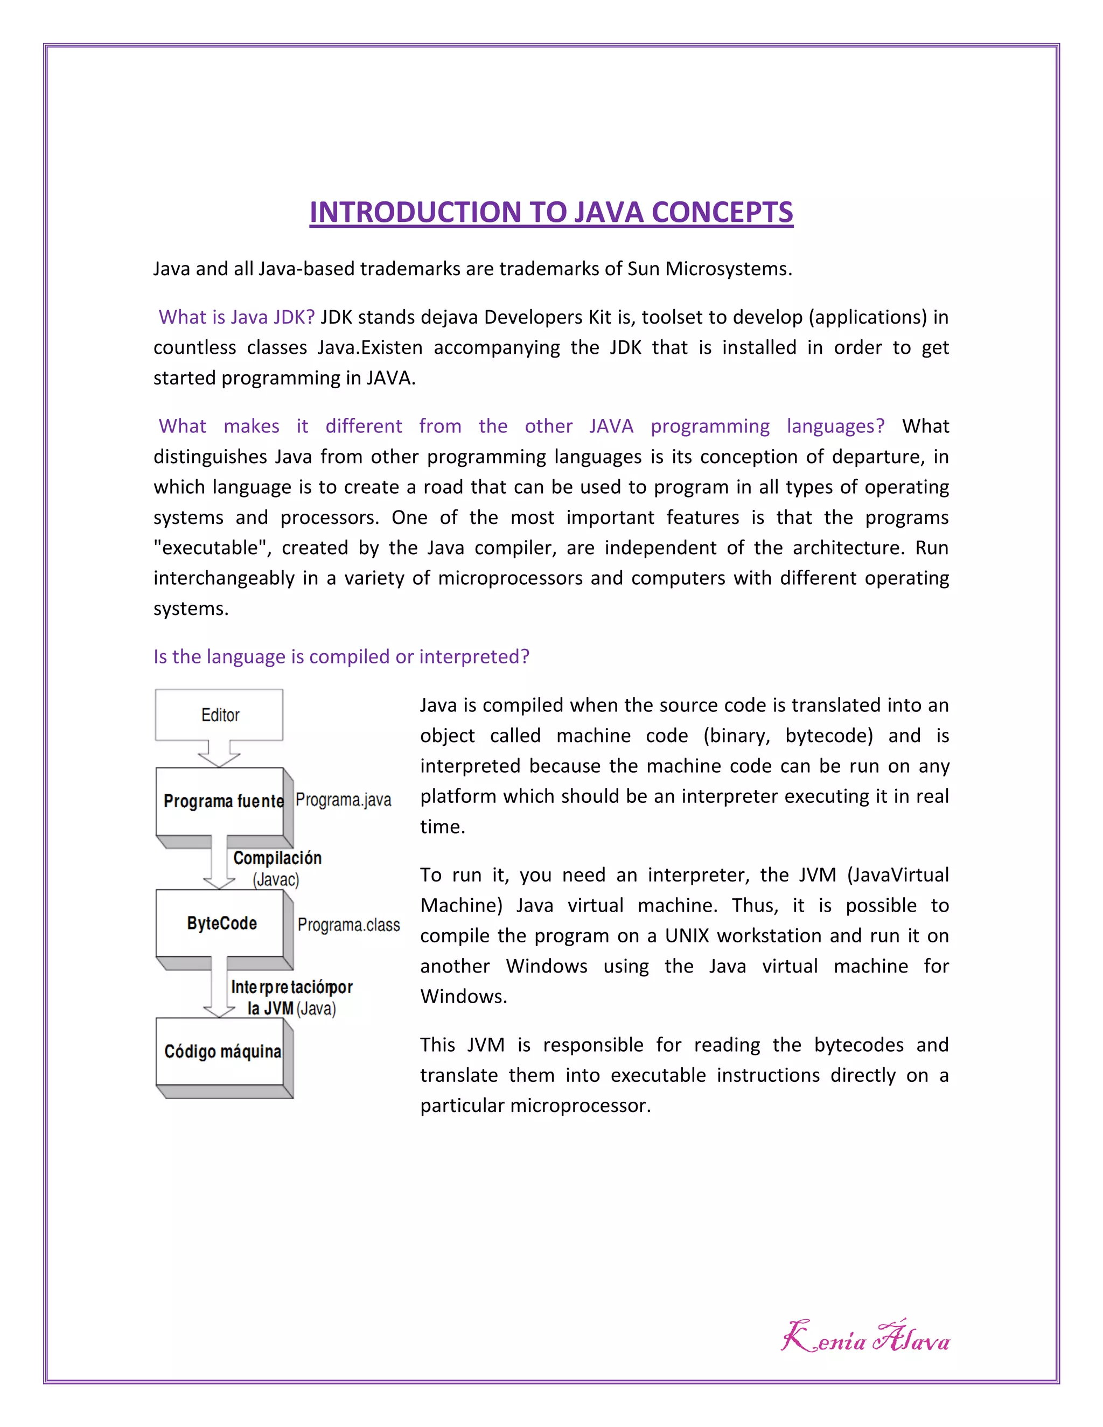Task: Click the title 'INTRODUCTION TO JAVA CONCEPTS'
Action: coord(551,212)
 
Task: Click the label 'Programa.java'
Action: coord(343,800)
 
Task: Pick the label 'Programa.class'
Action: coord(348,925)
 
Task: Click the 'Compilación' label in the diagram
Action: coord(277,858)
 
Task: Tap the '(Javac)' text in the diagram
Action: coord(276,879)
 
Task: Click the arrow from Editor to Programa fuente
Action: coord(219,754)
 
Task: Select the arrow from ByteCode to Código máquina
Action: coord(219,993)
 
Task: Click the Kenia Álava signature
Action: coord(865,1338)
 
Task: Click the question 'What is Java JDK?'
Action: coord(236,317)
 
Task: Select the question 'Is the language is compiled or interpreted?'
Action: coord(341,656)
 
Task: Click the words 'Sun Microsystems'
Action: coord(709,269)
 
